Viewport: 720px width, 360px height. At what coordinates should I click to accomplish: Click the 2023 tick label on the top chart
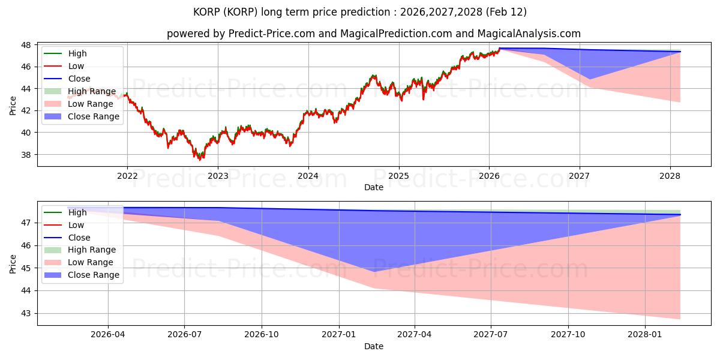coord(218,176)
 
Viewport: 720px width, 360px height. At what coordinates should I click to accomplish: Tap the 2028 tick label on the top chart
coord(670,176)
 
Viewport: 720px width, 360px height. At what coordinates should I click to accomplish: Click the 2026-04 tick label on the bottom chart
coord(108,335)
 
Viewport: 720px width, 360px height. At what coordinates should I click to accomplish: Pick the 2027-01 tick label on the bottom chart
coord(340,335)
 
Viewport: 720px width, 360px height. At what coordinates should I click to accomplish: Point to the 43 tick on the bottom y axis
coord(28,313)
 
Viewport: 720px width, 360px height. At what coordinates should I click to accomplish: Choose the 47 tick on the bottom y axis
coord(28,223)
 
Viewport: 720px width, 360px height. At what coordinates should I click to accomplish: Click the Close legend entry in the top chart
coord(79,79)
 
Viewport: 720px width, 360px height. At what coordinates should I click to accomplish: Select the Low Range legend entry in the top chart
coord(90,104)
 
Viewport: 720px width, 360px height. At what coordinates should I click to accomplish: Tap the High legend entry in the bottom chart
coord(77,212)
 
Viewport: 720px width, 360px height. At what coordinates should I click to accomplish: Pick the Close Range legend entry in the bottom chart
coord(93,275)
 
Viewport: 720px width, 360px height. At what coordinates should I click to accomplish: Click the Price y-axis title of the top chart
coord(13,106)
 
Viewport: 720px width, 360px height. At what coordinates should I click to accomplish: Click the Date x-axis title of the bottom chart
coord(374,346)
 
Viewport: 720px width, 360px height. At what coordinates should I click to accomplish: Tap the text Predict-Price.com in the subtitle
coord(272,34)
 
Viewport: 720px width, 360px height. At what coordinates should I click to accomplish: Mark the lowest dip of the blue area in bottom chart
coord(374,272)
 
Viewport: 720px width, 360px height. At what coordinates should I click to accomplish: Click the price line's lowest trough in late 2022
coord(200,159)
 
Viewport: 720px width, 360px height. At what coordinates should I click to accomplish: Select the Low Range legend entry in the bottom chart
coord(90,262)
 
